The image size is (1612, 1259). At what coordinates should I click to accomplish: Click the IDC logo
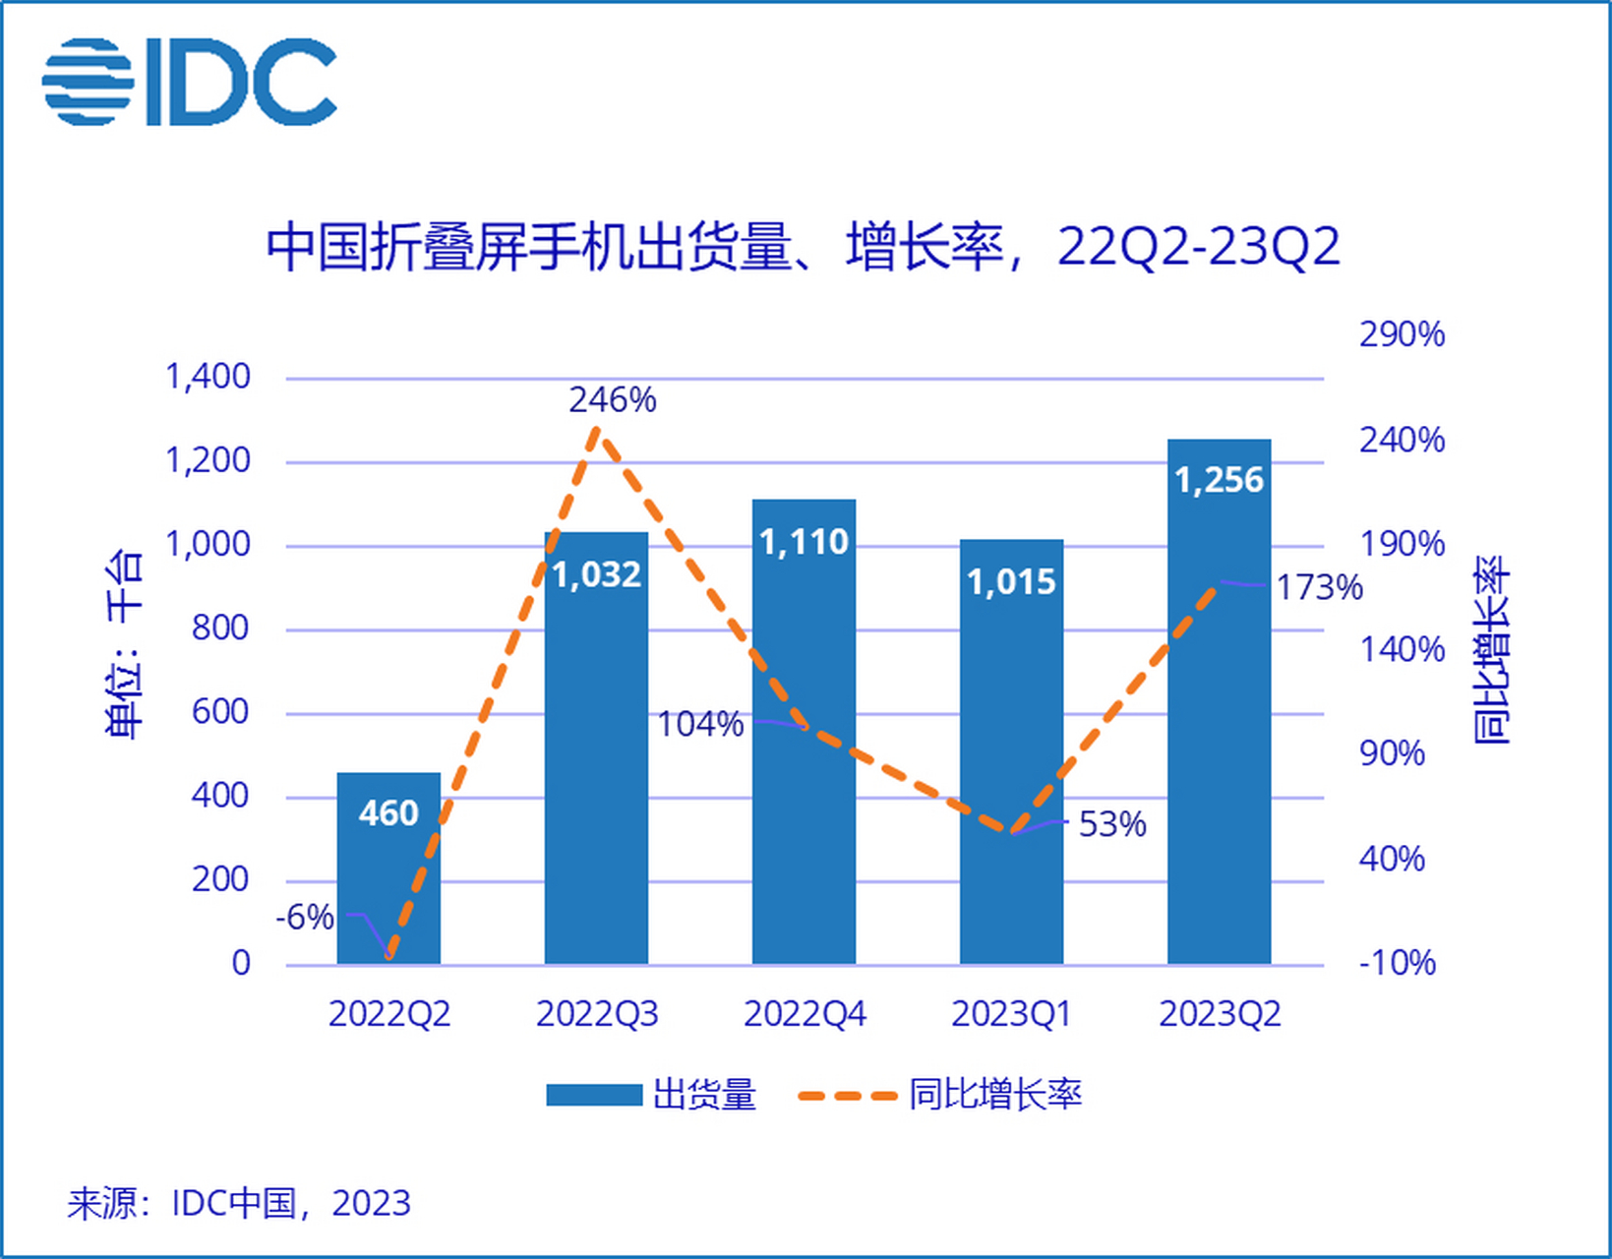pos(190,83)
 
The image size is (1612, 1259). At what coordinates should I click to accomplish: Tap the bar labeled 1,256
pos(1219,703)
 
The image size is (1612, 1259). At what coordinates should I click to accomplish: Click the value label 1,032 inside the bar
pos(596,574)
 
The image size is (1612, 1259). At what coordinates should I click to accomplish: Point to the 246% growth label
pos(612,400)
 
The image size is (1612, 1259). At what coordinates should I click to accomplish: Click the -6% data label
pos(305,918)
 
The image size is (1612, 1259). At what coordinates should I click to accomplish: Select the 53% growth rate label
pos(1112,824)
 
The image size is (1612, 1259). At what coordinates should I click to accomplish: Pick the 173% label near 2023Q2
pos(1319,588)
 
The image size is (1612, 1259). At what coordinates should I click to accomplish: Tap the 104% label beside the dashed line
pos(700,725)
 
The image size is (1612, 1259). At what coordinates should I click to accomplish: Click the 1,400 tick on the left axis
pos(208,377)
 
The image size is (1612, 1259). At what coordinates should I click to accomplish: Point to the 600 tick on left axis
pos(220,712)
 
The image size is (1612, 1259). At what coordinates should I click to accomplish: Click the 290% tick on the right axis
pos(1402,335)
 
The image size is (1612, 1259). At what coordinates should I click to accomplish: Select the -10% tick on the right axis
pos(1398,963)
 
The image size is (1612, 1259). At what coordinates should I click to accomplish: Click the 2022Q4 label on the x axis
pos(805,1014)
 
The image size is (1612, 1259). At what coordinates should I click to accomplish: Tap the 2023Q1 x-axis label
pos(1011,1014)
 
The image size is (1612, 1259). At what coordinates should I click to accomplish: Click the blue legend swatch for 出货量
pos(594,1095)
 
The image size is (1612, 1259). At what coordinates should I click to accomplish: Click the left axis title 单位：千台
pos(124,643)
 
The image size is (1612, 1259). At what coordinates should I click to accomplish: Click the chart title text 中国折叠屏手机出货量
pos(531,247)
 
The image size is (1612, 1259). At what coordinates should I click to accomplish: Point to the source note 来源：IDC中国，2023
pos(239,1203)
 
